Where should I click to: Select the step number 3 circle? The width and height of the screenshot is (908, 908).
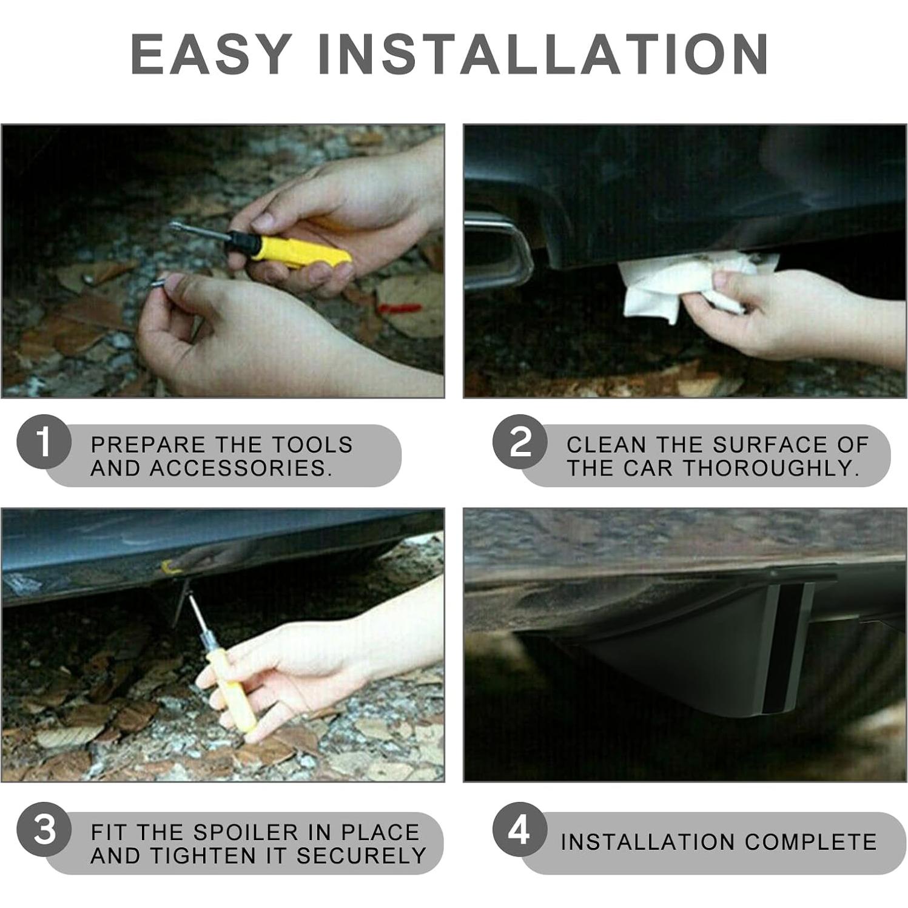click(44, 829)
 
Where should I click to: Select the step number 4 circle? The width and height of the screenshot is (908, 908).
click(520, 829)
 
